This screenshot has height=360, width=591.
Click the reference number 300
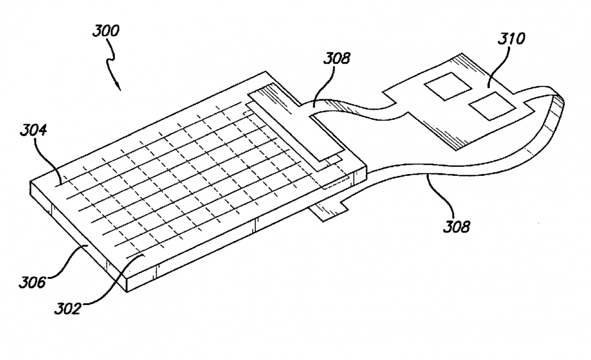[106, 31]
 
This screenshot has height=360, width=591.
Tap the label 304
[34, 131]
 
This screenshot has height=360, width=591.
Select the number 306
[32, 282]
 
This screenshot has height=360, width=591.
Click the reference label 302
[67, 309]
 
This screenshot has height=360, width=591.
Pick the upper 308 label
[337, 58]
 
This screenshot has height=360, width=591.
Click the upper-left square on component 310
[448, 86]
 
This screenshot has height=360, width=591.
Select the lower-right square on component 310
[492, 106]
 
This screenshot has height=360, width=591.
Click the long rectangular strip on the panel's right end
[296, 123]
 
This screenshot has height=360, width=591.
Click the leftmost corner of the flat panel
[30, 182]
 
